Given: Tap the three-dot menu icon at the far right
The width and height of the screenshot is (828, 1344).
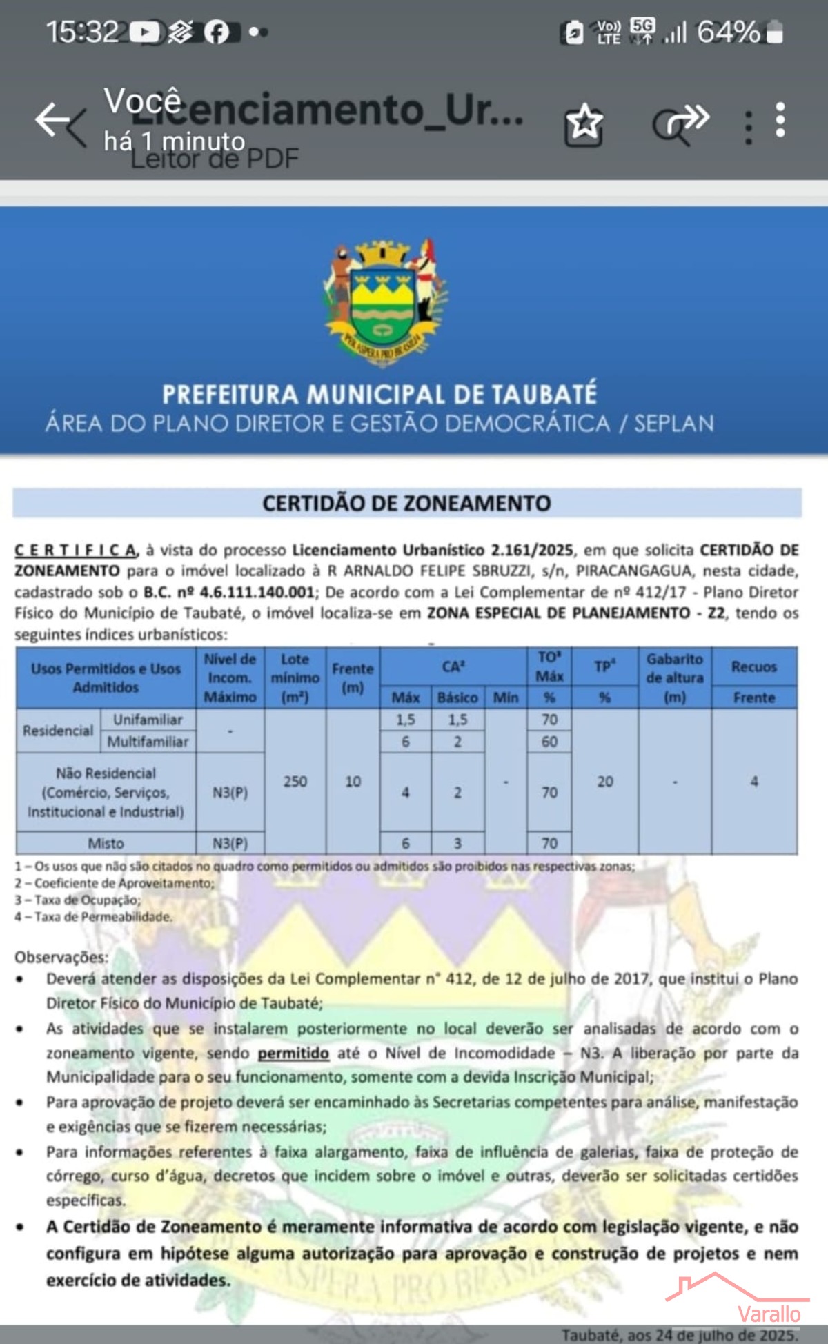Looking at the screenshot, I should point(780,121).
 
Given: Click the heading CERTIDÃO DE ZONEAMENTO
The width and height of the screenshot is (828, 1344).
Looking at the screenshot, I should point(406,503).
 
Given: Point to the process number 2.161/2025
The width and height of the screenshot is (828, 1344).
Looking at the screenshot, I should point(531,550).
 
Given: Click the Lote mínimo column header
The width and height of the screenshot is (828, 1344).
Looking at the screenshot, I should point(295,678).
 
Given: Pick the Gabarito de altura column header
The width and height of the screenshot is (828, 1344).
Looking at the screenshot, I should point(674,678).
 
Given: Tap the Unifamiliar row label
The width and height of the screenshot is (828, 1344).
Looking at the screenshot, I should point(148,720).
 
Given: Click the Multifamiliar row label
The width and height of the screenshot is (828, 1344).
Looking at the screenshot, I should point(148,742).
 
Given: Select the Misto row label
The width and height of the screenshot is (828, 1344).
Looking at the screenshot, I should point(106,843).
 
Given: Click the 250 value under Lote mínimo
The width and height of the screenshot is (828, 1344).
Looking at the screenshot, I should point(295,781).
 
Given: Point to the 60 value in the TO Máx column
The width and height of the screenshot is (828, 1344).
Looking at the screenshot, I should point(549,742).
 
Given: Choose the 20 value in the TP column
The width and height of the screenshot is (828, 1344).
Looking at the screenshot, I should point(604,781).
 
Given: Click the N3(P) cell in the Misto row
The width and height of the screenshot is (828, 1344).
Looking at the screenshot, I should point(230,843).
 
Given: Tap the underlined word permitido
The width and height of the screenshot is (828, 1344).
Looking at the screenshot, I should point(293,1054).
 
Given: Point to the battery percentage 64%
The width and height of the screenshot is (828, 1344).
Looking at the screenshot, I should point(728,32).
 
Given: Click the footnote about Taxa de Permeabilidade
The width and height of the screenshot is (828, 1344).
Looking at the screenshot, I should point(94,917).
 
